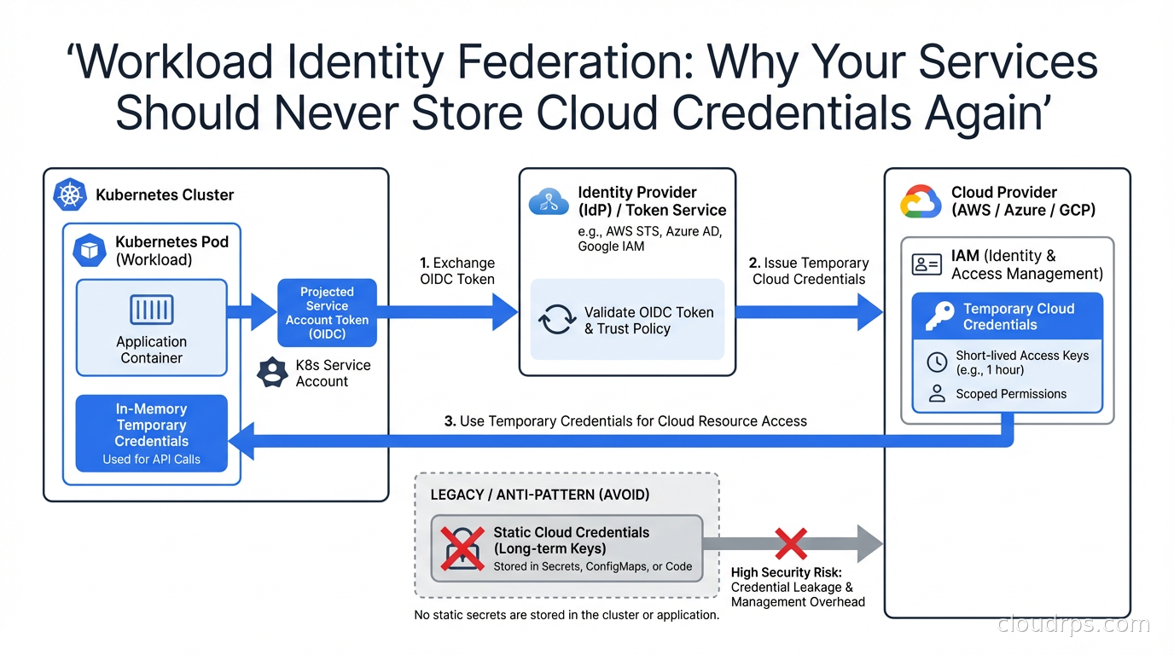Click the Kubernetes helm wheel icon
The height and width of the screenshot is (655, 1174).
pos(71,195)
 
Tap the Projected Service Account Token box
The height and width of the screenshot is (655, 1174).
pos(327,313)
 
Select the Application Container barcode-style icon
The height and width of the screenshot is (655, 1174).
pos(152,310)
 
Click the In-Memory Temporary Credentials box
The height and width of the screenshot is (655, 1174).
pos(152,433)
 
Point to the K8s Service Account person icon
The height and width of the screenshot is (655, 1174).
pos(272,373)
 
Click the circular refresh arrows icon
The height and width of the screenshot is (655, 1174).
pos(557,321)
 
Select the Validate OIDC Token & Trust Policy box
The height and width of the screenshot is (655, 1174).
pos(627,320)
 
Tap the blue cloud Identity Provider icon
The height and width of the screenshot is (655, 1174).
pos(549,202)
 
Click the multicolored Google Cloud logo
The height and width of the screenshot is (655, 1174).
pos(921,202)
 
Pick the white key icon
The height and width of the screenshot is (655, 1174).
pos(939,316)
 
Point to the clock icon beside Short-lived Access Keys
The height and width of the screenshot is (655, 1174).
pos(937,362)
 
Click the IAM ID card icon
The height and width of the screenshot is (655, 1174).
pos(927,264)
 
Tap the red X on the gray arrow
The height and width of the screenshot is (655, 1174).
pos(790,543)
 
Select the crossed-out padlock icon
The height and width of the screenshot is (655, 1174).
pos(462,548)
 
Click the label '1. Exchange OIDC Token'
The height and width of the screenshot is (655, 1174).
pos(457,270)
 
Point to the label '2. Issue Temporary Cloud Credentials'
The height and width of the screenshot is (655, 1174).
pos(808,270)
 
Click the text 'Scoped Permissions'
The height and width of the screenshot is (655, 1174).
pos(1011,394)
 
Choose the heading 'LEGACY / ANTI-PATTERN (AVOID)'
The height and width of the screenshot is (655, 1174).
pos(540,495)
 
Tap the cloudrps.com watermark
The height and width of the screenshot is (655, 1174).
pos(1073,624)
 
